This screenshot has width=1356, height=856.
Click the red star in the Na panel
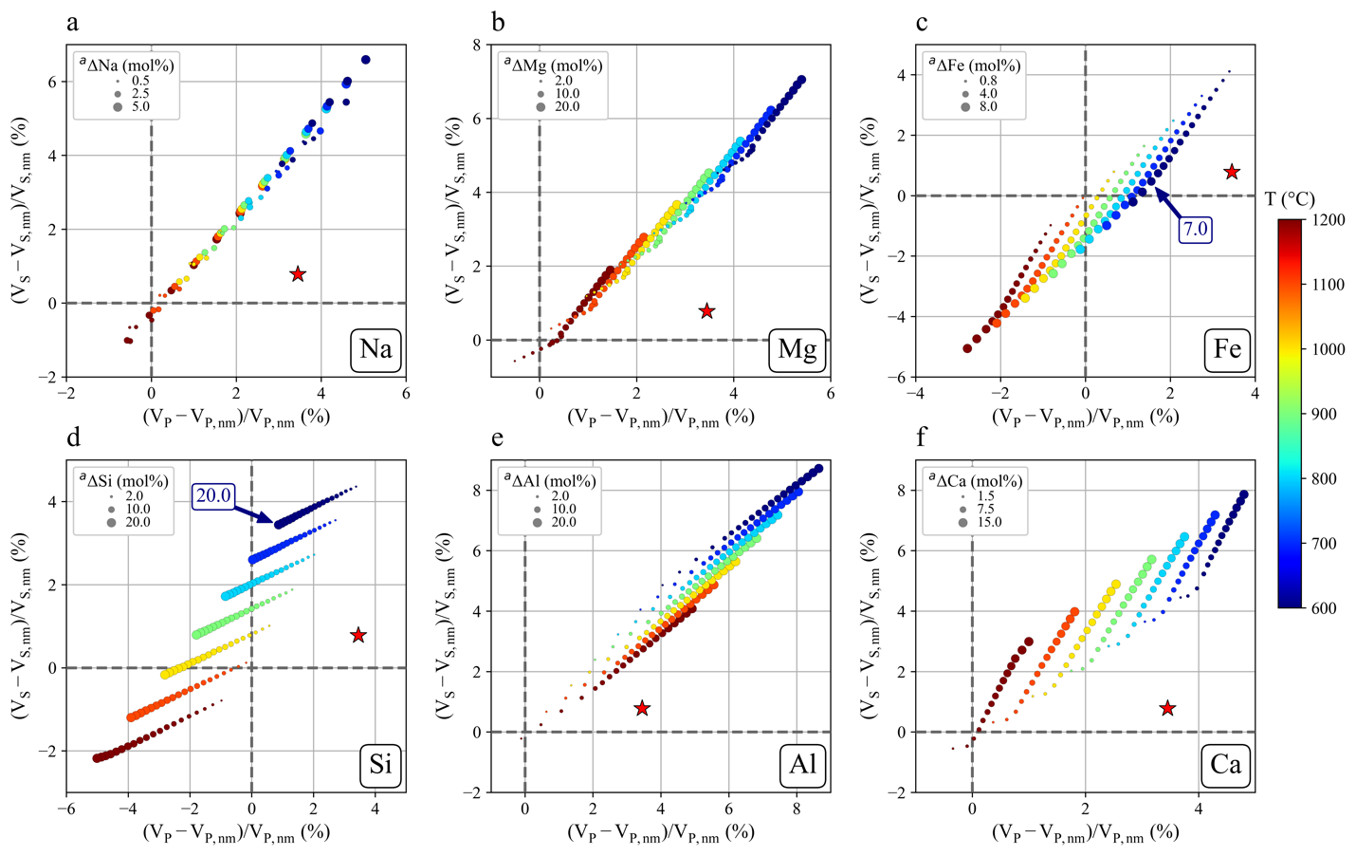pos(298,274)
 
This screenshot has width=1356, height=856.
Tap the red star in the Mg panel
pos(706,311)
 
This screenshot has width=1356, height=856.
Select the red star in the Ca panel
pos(1168,708)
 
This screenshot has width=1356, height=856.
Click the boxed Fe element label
pos(1227,349)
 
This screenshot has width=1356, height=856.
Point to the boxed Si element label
pos(380,764)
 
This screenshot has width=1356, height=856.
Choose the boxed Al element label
pos(802,764)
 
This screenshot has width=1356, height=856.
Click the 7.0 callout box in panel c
pos(1195,229)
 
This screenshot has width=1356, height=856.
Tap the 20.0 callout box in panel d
pos(213,495)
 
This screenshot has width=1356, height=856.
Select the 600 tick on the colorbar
pos(1327,608)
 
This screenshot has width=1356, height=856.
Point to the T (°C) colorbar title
pos(1290,199)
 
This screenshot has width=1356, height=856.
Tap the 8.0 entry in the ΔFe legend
pos(987,107)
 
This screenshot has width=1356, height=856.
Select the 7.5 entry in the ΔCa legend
pos(987,509)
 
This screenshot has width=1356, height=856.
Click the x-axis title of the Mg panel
pos(661,417)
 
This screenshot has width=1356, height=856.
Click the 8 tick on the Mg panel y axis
pos(476,45)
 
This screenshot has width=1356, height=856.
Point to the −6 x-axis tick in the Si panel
pos(66,809)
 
